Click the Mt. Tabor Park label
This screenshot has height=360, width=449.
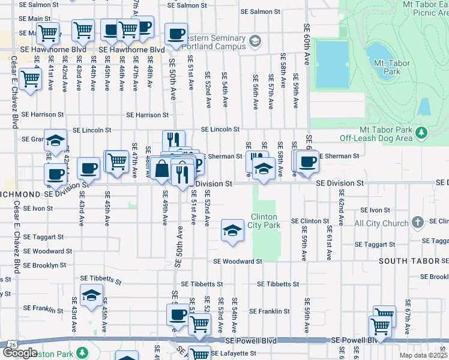(x=387, y=67)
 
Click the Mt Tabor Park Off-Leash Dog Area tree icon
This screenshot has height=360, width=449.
(x=421, y=131)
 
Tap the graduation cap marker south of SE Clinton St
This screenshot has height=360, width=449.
(x=231, y=232)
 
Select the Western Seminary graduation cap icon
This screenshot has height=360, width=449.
(x=255, y=41)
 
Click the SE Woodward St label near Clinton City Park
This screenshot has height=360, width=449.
(x=238, y=261)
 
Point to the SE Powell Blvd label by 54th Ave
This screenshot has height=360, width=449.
(x=252, y=340)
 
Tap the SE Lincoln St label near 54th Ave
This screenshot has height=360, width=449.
(x=220, y=129)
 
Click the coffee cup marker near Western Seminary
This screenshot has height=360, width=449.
(x=176, y=34)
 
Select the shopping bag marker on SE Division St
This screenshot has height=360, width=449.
(x=161, y=169)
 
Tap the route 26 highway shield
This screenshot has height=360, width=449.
(x=11, y=344)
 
